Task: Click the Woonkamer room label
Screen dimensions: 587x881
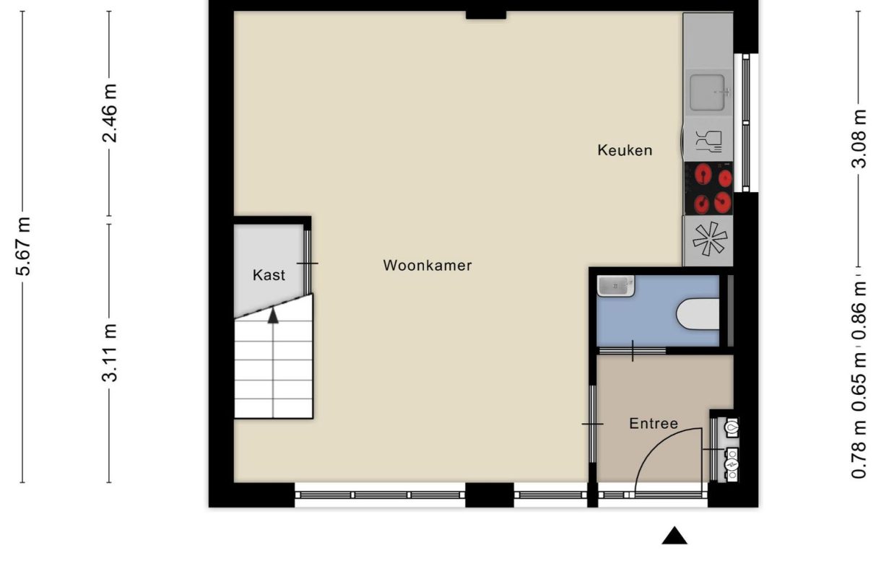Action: click(427, 265)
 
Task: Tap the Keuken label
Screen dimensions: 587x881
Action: click(625, 150)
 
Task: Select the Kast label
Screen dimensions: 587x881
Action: click(269, 275)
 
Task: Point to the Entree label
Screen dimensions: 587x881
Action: click(654, 423)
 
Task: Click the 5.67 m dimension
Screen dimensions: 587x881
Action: click(24, 245)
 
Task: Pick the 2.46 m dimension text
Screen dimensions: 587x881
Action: click(110, 113)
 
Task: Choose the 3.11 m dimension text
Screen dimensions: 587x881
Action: click(110, 352)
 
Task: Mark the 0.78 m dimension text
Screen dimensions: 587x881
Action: click(859, 451)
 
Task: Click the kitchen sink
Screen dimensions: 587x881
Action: click(708, 92)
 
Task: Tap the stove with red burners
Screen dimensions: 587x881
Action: click(708, 188)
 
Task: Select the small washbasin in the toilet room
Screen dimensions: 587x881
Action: click(615, 286)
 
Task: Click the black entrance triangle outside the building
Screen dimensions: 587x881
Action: click(674, 535)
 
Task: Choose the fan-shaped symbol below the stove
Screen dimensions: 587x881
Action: click(708, 239)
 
